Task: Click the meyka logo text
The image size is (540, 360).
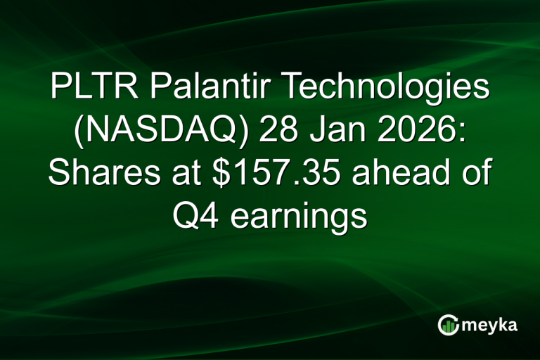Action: coord(487,324)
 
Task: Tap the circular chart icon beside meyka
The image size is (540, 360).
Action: coord(447,324)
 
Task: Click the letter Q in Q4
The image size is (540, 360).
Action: coord(186,216)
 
